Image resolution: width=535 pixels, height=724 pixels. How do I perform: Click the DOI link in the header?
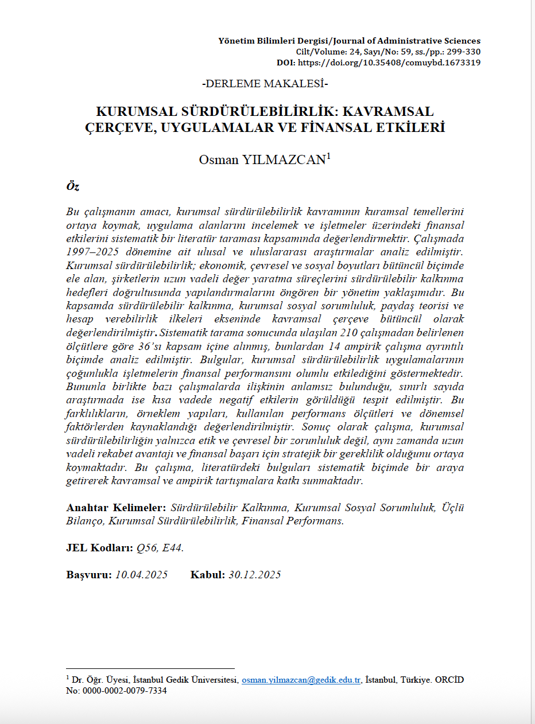pos(391,63)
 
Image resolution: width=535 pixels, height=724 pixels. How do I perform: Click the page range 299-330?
pos(463,52)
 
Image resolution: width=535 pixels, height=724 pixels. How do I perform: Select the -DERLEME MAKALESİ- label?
pos(265,84)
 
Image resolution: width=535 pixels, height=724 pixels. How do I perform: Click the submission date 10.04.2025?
pos(141,575)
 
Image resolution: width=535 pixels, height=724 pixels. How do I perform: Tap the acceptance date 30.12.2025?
pos(254,575)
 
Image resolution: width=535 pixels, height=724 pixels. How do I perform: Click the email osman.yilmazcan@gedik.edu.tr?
pos(301,680)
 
